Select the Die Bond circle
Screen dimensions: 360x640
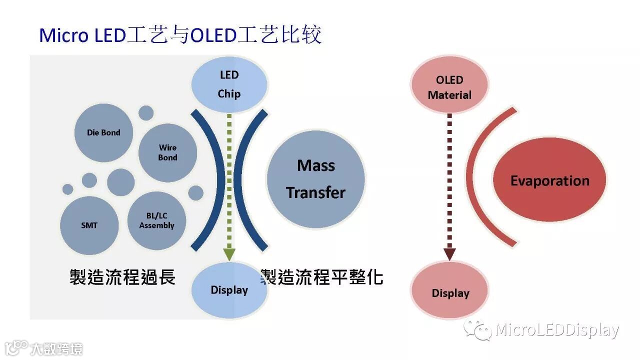point(103,132)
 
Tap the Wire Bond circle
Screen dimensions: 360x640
point(167,152)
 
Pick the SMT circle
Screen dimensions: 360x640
point(89,225)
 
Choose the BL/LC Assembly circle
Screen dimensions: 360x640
point(156,220)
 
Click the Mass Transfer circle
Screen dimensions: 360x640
point(315,179)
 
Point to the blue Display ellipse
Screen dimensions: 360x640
point(229,290)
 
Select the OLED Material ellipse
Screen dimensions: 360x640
point(449,87)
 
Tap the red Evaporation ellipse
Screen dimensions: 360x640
point(549,180)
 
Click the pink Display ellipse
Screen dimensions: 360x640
point(450,292)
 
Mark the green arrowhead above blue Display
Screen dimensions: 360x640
point(229,254)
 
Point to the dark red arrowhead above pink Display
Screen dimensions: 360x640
point(449,254)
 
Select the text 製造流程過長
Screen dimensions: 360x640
point(122,276)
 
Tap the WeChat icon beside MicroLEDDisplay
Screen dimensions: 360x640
point(477,330)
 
